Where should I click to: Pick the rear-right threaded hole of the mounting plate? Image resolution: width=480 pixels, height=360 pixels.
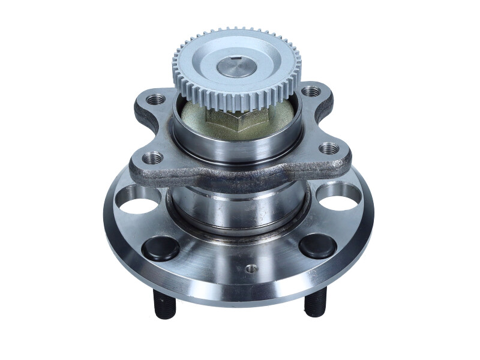(310, 92)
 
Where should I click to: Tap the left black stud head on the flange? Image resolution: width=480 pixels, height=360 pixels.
(160, 247)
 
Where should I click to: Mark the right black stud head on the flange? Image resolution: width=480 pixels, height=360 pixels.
(317, 246)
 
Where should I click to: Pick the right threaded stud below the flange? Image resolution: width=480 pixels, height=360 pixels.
(315, 303)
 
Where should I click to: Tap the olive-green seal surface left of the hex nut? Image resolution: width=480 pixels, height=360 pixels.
(195, 117)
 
